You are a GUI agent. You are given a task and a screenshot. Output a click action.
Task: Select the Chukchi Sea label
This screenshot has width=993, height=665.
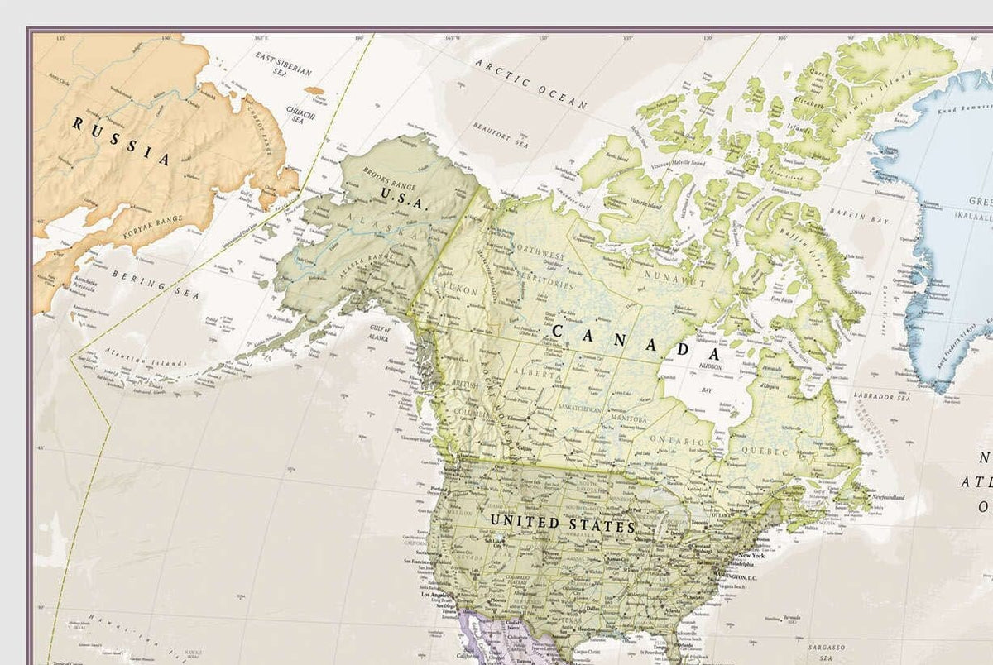click(x=300, y=114)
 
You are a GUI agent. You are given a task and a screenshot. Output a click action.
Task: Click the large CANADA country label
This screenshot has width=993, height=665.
click(x=633, y=339)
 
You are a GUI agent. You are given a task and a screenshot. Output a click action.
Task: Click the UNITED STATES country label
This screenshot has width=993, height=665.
click(x=562, y=524)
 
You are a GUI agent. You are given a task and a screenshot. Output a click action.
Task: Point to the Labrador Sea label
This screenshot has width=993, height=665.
click(x=882, y=397)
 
